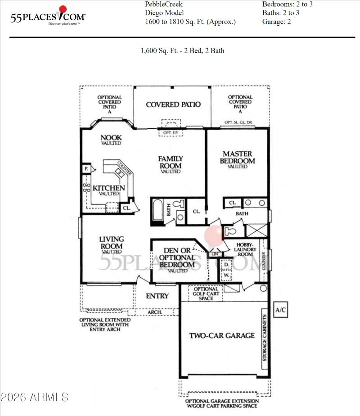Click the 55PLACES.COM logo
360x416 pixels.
click(x=47, y=16)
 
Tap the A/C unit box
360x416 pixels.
click(x=281, y=310)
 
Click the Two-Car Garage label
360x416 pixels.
click(x=221, y=335)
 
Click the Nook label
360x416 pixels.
click(x=111, y=140)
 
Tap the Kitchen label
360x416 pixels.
click(x=108, y=189)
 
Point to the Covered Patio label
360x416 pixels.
click(x=173, y=104)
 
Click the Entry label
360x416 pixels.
click(x=157, y=296)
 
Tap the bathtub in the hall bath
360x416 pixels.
click(x=157, y=210)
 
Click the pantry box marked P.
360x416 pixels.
click(x=85, y=168)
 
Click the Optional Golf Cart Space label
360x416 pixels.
click(x=209, y=294)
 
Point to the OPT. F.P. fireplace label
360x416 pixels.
click(x=171, y=132)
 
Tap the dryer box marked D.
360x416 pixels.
click(x=226, y=264)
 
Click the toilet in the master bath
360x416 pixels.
click(x=229, y=231)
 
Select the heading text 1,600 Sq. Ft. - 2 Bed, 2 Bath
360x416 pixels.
click(x=182, y=51)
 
